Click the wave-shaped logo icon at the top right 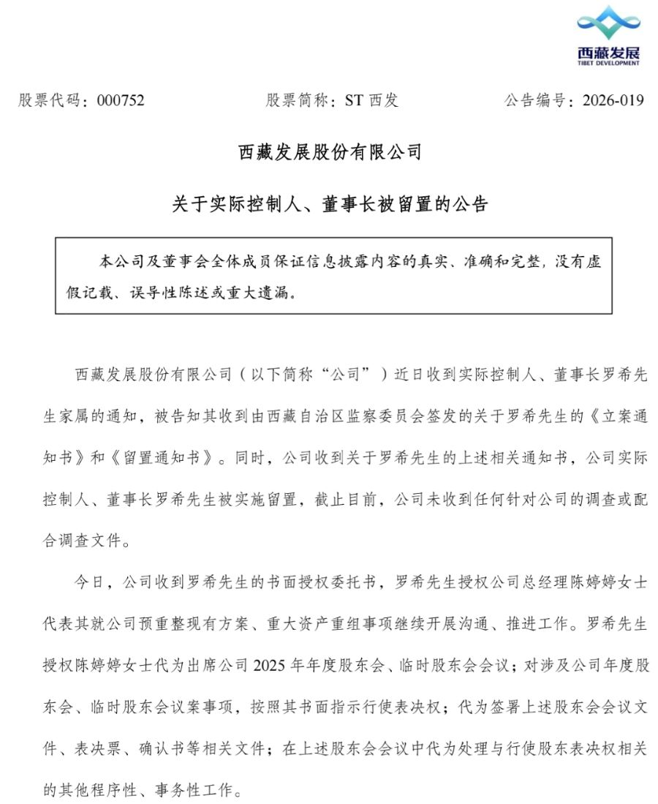608,23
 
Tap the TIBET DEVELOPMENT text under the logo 608,64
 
